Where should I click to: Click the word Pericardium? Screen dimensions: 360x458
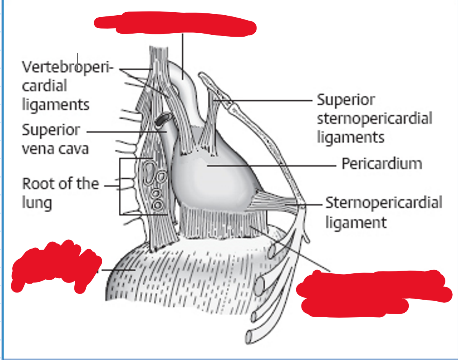[382, 164]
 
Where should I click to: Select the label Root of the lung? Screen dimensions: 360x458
[60, 193]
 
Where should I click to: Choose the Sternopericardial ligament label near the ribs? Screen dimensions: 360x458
[383, 212]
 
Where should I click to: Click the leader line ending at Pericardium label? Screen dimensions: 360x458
[275, 166]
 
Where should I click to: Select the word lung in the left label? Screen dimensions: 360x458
[37, 202]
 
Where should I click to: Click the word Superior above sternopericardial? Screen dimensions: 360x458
[346, 100]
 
